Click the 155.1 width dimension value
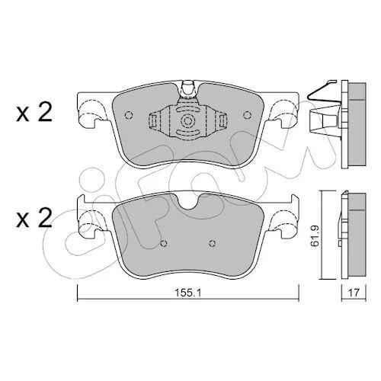187,293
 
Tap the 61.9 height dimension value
315,235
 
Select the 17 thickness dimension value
354,293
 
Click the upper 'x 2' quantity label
34,112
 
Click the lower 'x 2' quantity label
34,218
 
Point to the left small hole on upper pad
129,115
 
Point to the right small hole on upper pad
247,115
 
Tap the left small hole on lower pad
164,243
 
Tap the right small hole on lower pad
213,243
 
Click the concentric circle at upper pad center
187,121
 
